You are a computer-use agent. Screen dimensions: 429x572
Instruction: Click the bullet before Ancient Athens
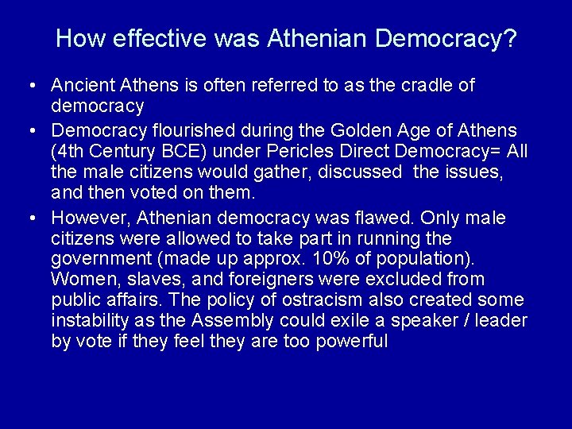tap(28, 86)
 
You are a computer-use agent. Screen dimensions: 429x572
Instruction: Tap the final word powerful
tap(349, 342)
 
